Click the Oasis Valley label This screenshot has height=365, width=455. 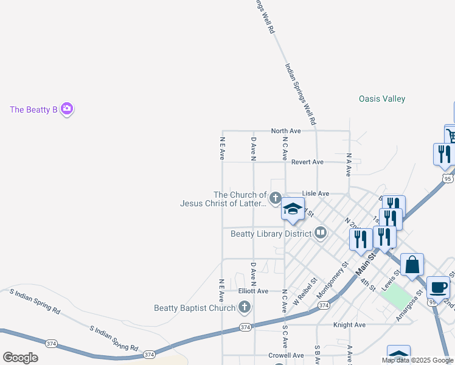tap(381, 99)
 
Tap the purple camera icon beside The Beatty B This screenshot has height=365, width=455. tap(67, 109)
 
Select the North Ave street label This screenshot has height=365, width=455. tap(286, 131)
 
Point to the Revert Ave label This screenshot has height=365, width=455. tap(307, 162)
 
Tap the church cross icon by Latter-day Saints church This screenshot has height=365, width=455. tap(275, 198)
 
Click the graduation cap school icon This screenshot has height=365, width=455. tap(293, 209)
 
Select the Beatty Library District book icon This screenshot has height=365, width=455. tap(321, 232)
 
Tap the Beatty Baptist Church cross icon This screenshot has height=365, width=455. tap(245, 307)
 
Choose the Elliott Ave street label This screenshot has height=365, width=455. tap(253, 291)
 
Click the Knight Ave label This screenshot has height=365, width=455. tap(349, 325)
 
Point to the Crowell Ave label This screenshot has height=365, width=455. tap(286, 355)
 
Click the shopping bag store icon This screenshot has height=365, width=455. tap(412, 265)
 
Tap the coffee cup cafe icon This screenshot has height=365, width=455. tap(438, 287)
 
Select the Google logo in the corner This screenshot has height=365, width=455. tap(20, 358)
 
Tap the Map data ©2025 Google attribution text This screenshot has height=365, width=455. tap(417, 360)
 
